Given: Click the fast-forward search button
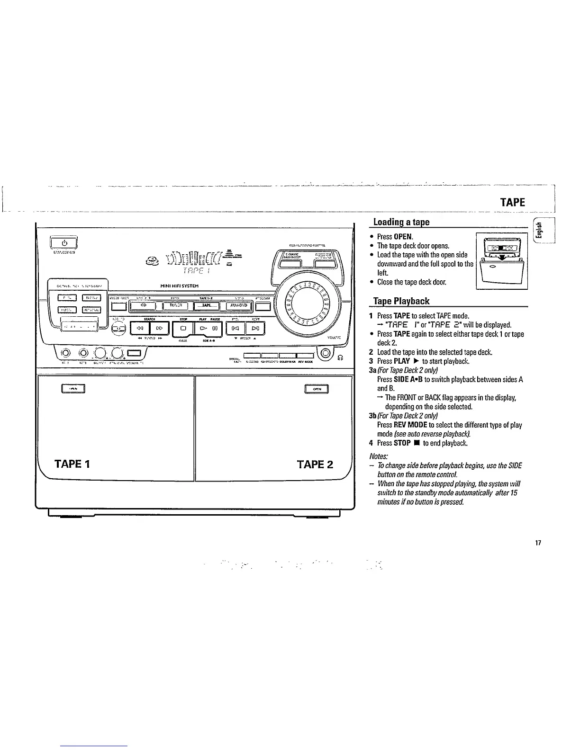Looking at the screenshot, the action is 159,327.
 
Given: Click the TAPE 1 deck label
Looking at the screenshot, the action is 72,464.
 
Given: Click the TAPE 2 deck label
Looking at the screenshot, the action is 315,464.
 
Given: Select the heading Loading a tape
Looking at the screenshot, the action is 401,222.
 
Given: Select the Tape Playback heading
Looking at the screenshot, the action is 401,301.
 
